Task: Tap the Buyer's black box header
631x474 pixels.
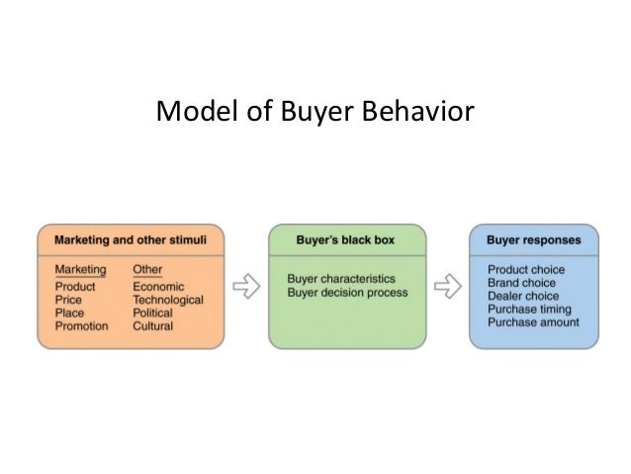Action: coord(346,240)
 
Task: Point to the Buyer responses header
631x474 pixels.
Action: coord(534,240)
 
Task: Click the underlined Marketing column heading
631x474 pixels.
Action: coord(80,270)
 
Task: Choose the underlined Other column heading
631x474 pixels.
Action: coord(147,270)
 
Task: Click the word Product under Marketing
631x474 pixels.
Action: coord(75,287)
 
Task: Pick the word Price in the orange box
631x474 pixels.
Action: coord(69,300)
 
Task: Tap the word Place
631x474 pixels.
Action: coord(69,313)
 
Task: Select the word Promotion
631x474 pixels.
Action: coord(82,326)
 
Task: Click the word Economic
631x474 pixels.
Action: coord(158,287)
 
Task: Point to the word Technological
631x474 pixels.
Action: coord(168,300)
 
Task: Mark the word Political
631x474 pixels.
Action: coord(152,313)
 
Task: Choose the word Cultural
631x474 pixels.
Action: coord(152,326)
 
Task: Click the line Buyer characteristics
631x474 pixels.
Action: coord(341,279)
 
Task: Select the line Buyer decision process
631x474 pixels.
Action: coord(347,292)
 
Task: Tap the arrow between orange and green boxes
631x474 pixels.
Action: coord(246,287)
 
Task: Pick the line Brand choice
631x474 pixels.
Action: coord(521,283)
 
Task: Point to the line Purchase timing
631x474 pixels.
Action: coord(529,309)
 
